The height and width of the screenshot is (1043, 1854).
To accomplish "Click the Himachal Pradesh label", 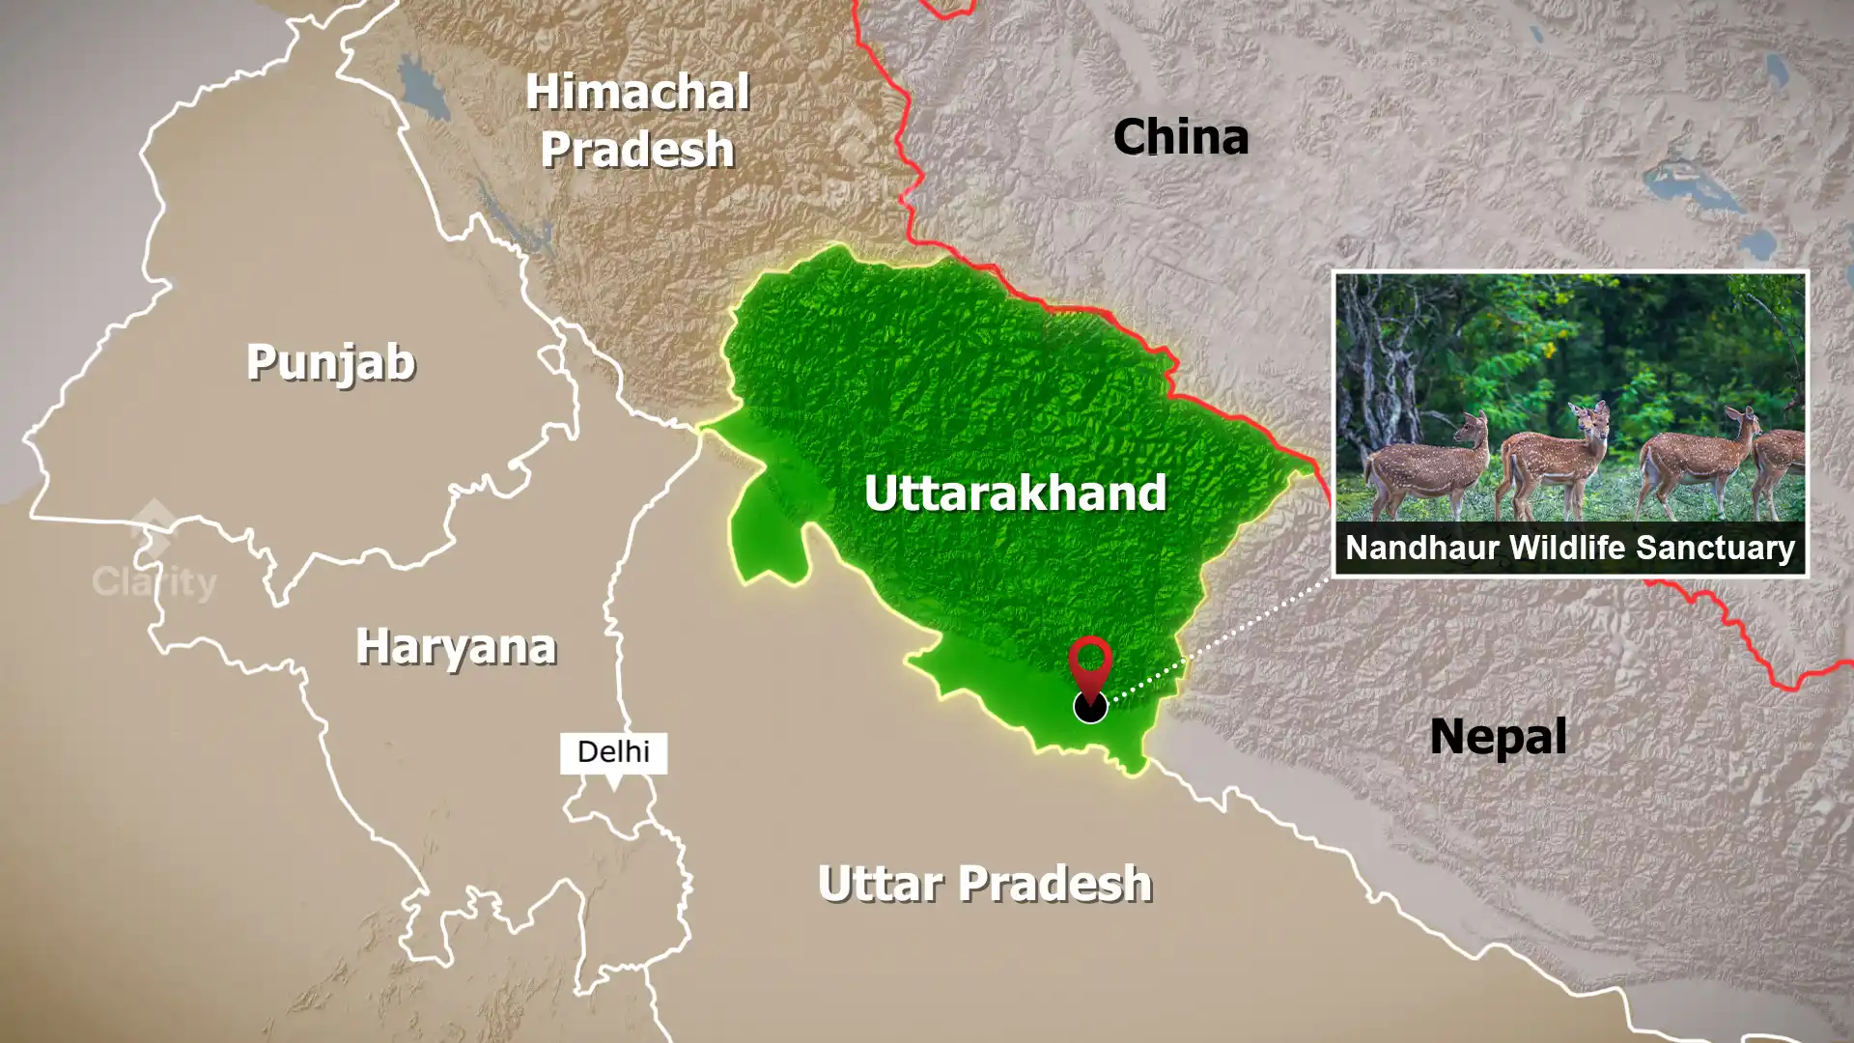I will pos(637,121).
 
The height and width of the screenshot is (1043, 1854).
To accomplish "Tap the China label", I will pos(1180,137).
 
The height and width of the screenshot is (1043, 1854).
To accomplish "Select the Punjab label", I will pos(330,363).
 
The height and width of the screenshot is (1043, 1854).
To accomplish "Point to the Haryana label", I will pos(456,646).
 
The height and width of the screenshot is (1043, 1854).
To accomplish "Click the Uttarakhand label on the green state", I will pos(1015,493).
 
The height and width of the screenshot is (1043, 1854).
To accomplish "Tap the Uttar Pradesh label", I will pos(985,884).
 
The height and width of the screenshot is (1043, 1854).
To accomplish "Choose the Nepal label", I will pos(1498,737).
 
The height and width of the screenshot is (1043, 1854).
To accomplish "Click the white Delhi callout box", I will pos(613,752).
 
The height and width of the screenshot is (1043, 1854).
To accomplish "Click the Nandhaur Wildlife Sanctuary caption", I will pos(1570,548).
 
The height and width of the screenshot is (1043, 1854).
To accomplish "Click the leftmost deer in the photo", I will pos(1429,464).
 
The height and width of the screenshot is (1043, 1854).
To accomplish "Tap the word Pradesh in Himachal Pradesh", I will pos(637,150).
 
